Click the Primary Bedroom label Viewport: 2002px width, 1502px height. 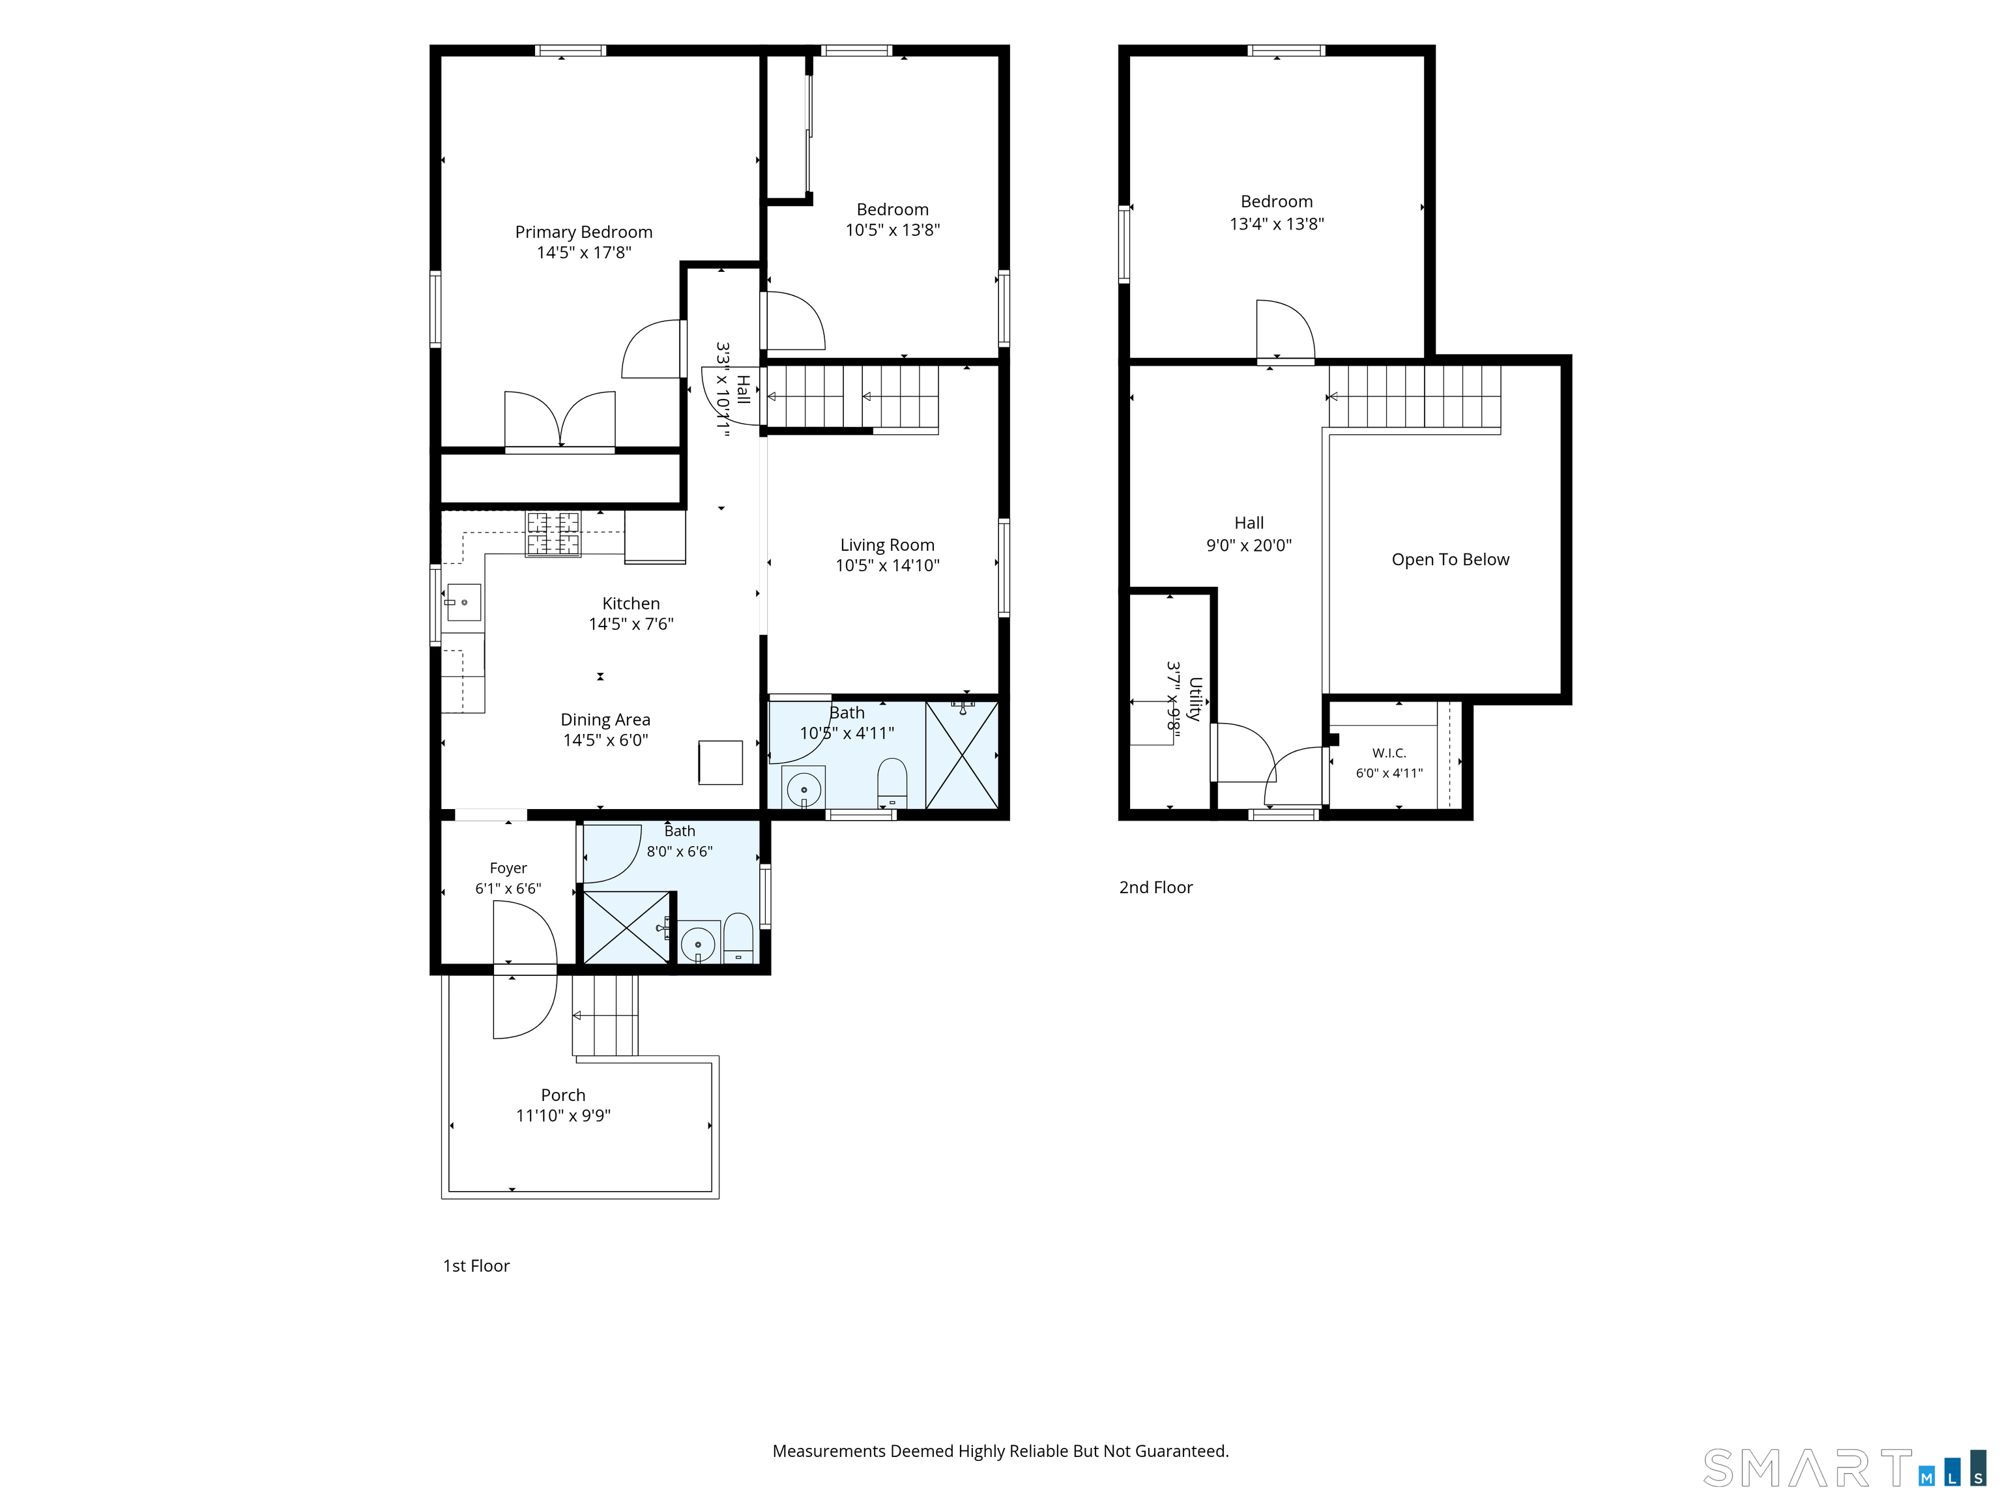point(584,232)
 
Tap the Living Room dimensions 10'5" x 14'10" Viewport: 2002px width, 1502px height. point(887,566)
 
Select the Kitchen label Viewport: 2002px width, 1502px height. point(631,604)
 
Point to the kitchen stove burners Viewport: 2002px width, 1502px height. point(553,533)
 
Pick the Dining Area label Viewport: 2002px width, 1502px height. point(605,720)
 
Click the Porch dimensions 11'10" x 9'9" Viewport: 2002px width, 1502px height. point(563,1116)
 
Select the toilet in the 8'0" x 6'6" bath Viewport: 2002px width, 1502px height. point(738,939)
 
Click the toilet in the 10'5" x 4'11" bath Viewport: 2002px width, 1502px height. point(892,782)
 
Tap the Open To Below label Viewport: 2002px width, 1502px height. point(1450,559)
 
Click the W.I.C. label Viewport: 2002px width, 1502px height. point(1389,753)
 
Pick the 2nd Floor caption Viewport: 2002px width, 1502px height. point(1155,887)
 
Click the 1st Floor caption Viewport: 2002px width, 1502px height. point(476,1266)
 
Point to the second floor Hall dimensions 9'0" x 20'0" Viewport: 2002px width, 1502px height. point(1249,545)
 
